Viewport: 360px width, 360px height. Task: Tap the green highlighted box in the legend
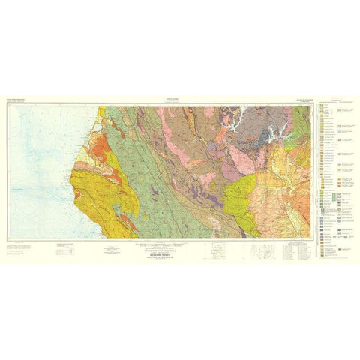[331, 196]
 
